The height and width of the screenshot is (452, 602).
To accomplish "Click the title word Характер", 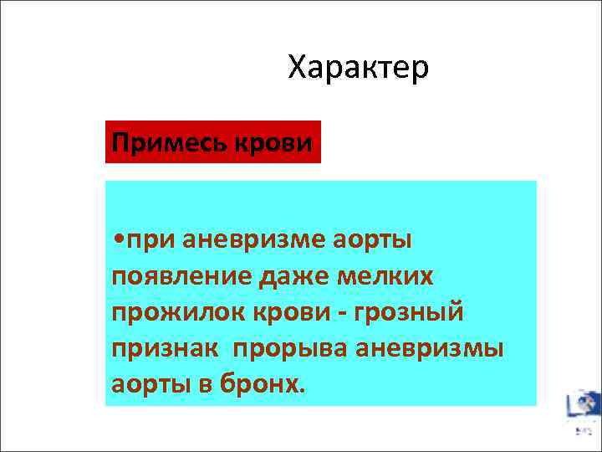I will (x=358, y=68).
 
